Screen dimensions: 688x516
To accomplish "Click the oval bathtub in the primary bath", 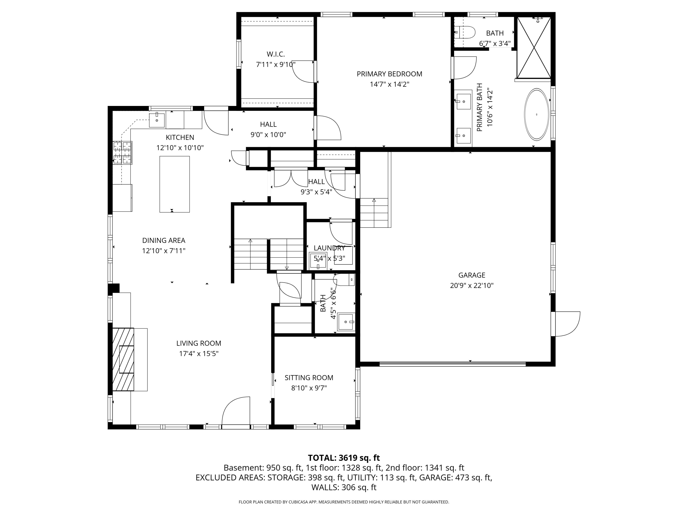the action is point(537,114).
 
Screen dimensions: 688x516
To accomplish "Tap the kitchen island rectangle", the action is point(175,184).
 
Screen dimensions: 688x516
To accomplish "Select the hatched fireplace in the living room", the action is point(123,359).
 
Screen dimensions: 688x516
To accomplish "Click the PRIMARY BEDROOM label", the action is point(389,74).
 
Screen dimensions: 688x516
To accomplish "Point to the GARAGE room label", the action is point(472,275).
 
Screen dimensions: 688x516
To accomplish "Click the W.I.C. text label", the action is point(276,54).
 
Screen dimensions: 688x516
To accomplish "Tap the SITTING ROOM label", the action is point(309,377).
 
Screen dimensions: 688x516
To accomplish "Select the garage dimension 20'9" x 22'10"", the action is point(472,286).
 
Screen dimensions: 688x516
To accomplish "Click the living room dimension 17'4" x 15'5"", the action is point(199,354).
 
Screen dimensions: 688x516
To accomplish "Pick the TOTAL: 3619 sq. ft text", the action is point(344,458).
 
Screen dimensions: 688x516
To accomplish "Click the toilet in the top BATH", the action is point(465,32).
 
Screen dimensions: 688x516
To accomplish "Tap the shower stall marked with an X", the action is point(534,47).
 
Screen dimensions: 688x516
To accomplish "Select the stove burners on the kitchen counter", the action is point(122,153).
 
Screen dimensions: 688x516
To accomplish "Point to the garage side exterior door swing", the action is point(568,324).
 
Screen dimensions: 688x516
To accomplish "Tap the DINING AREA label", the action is point(164,240).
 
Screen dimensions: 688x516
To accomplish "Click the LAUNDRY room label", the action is point(329,248).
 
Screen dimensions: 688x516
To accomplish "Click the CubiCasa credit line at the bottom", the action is point(344,502).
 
